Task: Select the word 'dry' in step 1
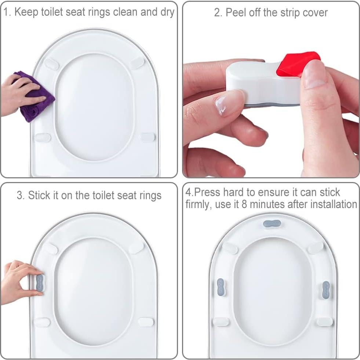click(x=167, y=12)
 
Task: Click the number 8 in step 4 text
click(x=244, y=204)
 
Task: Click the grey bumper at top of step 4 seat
click(x=272, y=223)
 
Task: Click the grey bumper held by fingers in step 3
click(x=40, y=283)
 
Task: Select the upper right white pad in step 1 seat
click(x=137, y=63)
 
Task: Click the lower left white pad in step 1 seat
click(x=43, y=138)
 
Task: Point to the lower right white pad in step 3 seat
click(x=146, y=322)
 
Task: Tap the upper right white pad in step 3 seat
click(x=136, y=247)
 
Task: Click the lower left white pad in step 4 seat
click(x=221, y=321)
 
